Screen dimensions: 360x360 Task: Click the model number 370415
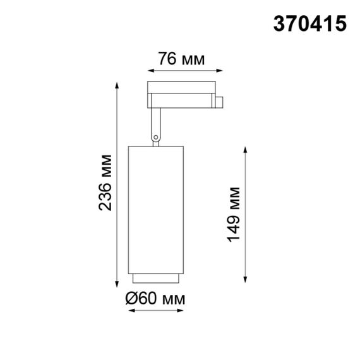click(309, 23)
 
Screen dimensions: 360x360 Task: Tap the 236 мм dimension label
click(105, 183)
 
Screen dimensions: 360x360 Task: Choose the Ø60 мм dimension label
click(155, 298)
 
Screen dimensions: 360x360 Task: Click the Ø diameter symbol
click(132, 298)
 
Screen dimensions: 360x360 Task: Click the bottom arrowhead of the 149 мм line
click(246, 279)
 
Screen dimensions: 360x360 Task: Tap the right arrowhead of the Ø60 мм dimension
click(179, 311)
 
